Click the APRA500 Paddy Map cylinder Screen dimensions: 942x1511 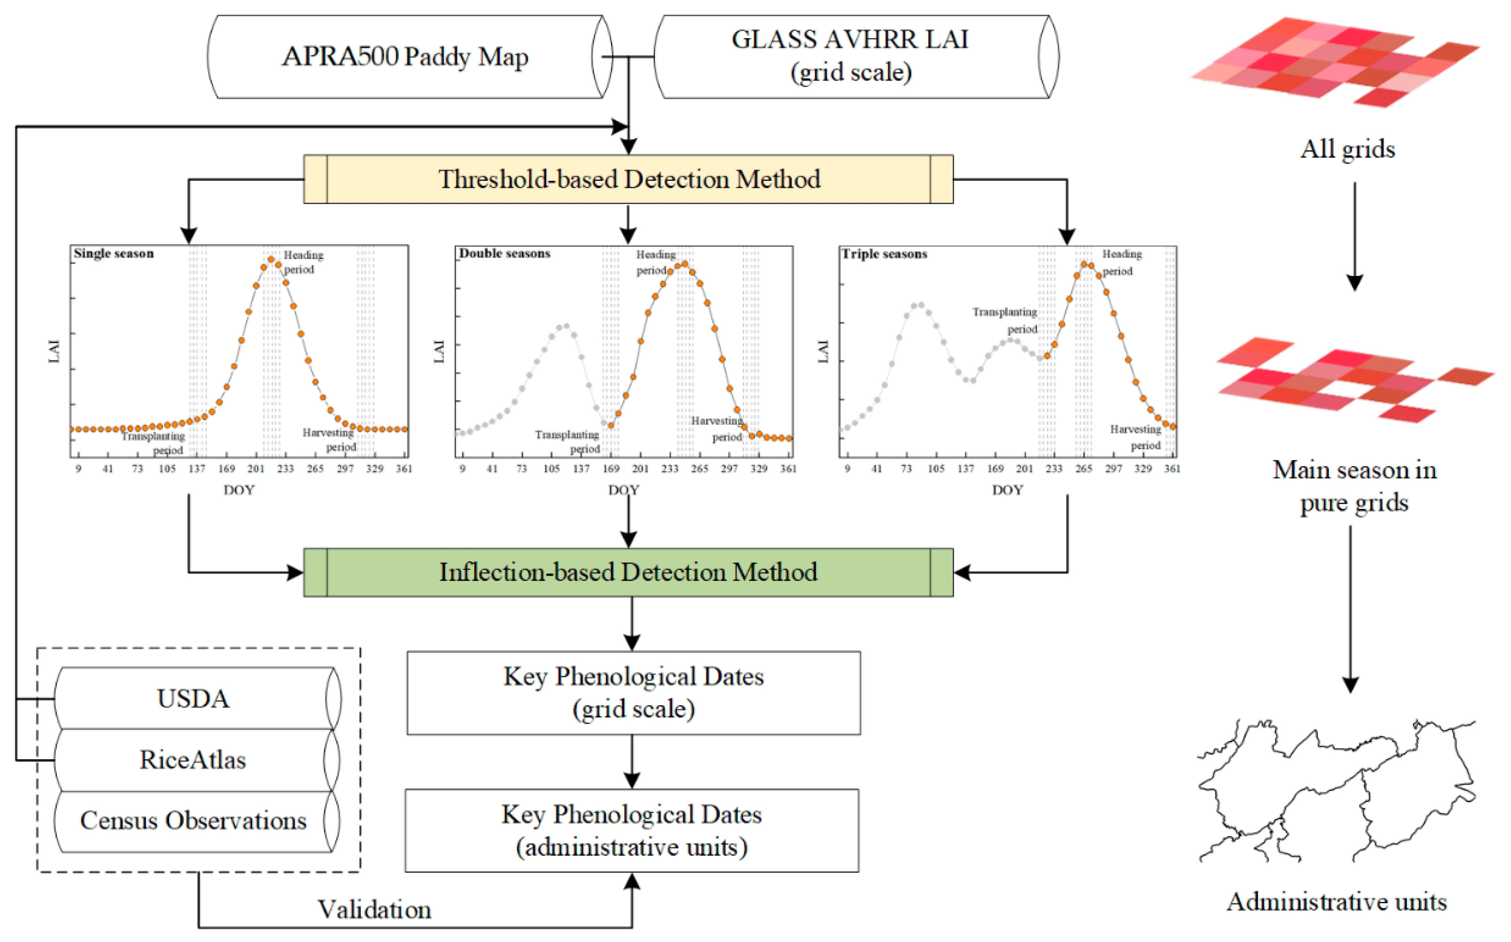[x=405, y=57]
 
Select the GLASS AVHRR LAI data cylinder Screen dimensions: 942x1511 [x=851, y=57]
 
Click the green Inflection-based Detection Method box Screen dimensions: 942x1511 [x=628, y=572]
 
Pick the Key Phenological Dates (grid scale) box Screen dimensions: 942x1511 [x=633, y=693]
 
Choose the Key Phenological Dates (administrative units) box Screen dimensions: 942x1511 [x=632, y=830]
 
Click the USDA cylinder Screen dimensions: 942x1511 [x=193, y=698]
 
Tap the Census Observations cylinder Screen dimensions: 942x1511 [x=193, y=821]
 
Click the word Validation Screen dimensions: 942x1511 [x=375, y=910]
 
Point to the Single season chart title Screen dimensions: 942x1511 [x=114, y=254]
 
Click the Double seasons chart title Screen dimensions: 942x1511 [x=505, y=254]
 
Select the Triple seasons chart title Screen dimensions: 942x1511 [x=885, y=254]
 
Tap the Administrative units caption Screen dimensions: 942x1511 [x=1337, y=902]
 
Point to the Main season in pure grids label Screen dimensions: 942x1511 [x=1354, y=486]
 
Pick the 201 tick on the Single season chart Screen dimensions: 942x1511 [x=256, y=469]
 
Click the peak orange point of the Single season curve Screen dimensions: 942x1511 [x=271, y=259]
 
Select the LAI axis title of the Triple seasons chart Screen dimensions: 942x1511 [x=823, y=352]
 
